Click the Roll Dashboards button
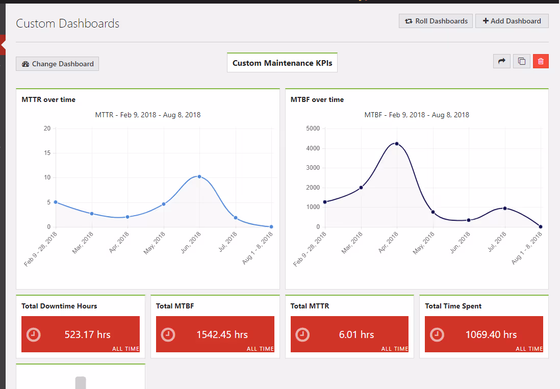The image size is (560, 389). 436,21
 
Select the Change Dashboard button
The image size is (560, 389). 57,64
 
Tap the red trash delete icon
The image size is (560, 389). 541,61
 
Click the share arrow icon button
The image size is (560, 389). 501,61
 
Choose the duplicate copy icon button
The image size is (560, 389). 521,61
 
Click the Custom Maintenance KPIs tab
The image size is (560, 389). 282,63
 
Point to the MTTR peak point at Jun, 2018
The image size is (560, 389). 199,176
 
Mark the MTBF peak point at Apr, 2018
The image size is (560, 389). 396,144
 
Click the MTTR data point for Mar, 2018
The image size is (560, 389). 92,214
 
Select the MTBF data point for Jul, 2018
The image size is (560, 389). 505,208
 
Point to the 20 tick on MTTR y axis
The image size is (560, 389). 47,128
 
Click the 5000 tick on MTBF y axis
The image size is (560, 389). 313,128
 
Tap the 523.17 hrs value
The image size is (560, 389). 88,334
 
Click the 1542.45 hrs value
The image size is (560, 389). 222,334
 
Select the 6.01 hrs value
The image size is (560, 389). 357,334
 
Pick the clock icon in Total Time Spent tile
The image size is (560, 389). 437,334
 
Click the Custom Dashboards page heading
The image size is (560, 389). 68,23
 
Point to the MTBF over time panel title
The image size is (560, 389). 317,99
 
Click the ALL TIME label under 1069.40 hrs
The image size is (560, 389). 529,349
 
